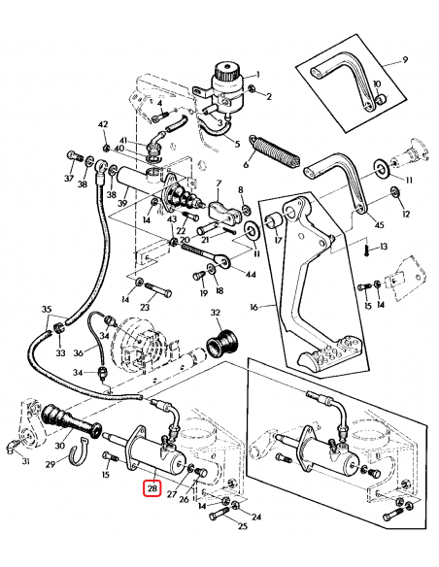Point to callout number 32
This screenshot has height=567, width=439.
coord(217,313)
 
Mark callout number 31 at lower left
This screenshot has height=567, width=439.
coord(12,460)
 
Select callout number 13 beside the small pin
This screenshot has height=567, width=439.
coord(384,248)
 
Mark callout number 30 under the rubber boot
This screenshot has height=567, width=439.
coord(59,446)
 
